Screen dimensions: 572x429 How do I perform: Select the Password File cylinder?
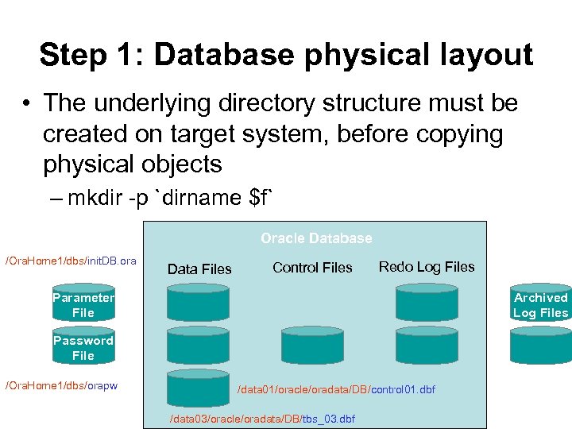click(x=83, y=348)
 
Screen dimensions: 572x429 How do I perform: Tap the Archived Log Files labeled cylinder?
click(x=540, y=305)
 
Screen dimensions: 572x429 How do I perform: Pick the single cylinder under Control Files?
click(x=312, y=346)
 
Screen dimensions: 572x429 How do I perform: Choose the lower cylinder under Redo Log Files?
click(x=427, y=346)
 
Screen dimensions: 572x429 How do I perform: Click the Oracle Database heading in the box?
click(x=316, y=238)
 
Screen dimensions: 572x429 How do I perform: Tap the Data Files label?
click(x=199, y=269)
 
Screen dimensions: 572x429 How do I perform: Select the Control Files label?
click(x=312, y=268)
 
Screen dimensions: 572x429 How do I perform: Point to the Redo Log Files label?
click(x=427, y=267)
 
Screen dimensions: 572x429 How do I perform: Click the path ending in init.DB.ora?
click(x=71, y=261)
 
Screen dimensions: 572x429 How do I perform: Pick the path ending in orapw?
click(x=61, y=385)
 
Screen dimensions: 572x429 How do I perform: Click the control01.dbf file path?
click(x=337, y=389)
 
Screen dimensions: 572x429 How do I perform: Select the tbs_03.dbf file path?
click(x=263, y=419)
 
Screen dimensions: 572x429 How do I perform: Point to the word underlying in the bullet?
click(x=140, y=103)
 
